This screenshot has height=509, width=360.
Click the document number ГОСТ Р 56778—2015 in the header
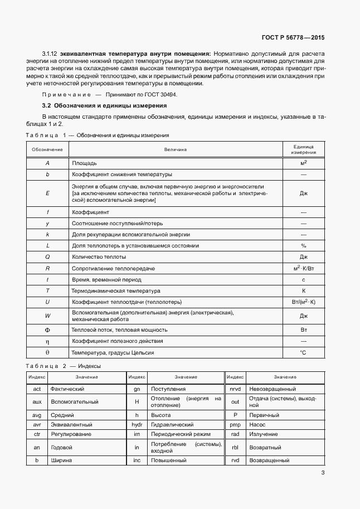coord(293,38)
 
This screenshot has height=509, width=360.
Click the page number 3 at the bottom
coord(323,473)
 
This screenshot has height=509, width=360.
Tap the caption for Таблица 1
coord(98,135)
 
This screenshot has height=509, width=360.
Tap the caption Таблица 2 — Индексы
coord(63,366)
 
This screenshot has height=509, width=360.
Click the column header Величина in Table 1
coord(176,149)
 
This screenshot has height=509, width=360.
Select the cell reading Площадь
coord(85,163)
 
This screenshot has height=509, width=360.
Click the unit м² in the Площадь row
coord(304,163)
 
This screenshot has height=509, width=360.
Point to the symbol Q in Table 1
coord(47,257)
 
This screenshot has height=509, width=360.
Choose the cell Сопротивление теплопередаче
coord(113,268)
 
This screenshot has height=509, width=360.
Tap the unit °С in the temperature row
coord(304,352)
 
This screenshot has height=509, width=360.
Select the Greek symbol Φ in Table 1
coord(47,330)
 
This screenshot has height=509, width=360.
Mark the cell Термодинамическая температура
coord(116,290)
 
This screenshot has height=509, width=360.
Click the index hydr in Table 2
coord(137,424)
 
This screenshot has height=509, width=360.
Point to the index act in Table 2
coord(37,389)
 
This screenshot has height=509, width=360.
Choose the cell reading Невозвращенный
coord(273,389)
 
